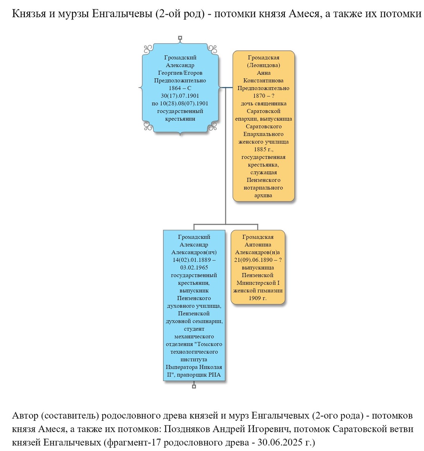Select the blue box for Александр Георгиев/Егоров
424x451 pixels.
(180, 88)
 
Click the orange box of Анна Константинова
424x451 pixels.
(263, 126)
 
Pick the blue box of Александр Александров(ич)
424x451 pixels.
(194, 305)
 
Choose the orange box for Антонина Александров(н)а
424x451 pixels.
(258, 267)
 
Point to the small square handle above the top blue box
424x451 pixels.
(180, 38)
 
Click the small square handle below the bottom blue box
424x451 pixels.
(194, 386)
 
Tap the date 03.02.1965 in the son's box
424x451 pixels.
(194, 268)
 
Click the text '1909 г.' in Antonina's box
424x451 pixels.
(258, 298)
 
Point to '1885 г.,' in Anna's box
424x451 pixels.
(263, 150)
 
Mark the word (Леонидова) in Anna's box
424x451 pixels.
(263, 65)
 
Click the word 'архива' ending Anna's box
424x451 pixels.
(263, 195)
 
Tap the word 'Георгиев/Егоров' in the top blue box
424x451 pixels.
(180, 73)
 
